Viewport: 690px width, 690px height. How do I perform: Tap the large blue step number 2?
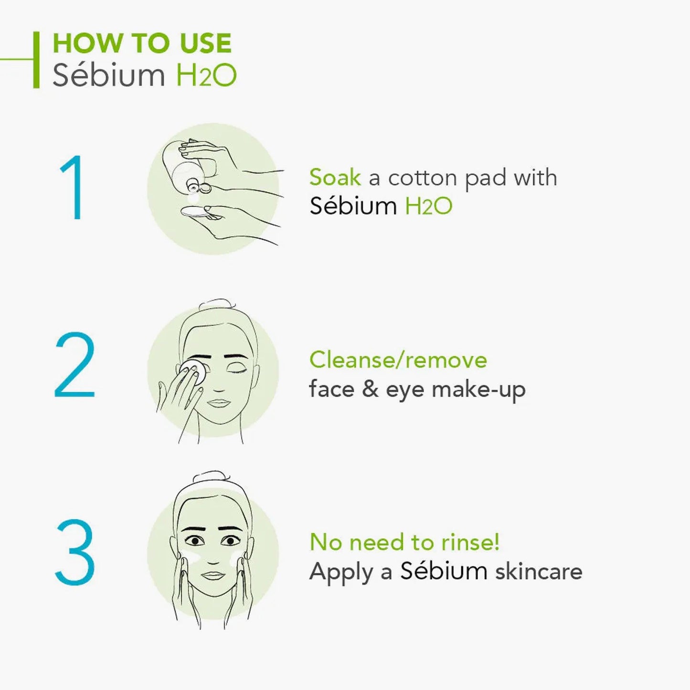(74, 365)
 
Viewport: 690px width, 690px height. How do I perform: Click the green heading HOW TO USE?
(142, 43)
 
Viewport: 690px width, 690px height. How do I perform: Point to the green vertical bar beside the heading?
(36, 60)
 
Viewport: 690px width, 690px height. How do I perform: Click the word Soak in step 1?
(335, 178)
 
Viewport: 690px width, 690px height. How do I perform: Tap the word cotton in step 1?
(423, 178)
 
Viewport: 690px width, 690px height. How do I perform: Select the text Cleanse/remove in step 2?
(398, 360)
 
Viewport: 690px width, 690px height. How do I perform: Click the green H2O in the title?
(206, 75)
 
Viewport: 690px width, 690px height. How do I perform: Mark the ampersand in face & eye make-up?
(370, 389)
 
